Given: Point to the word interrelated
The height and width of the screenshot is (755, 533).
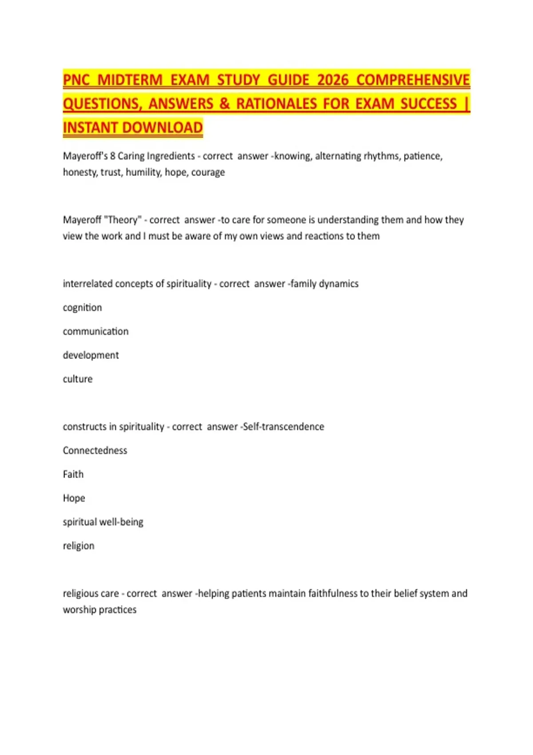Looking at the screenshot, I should coord(87,284).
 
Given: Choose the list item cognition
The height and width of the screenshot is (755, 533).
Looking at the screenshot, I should coord(82,308).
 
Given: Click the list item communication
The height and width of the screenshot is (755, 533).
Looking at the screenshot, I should coord(95,331).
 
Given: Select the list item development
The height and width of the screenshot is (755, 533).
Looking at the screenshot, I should coord(91,355).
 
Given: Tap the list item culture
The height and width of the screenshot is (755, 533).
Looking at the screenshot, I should coord(78,379).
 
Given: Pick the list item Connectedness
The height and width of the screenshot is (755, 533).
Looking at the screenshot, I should coord(95,451).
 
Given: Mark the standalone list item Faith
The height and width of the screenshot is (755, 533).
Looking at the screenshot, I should coord(73,474).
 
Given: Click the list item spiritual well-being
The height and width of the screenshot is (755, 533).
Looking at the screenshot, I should coord(103,522).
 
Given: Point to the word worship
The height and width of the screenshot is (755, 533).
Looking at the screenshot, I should coord(80,610).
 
